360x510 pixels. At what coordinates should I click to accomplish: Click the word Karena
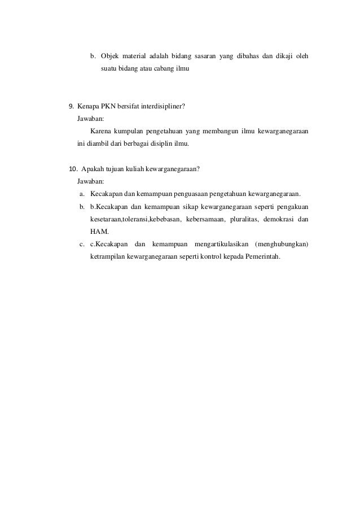click(101, 132)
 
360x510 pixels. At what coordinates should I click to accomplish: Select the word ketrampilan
click(108, 256)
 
